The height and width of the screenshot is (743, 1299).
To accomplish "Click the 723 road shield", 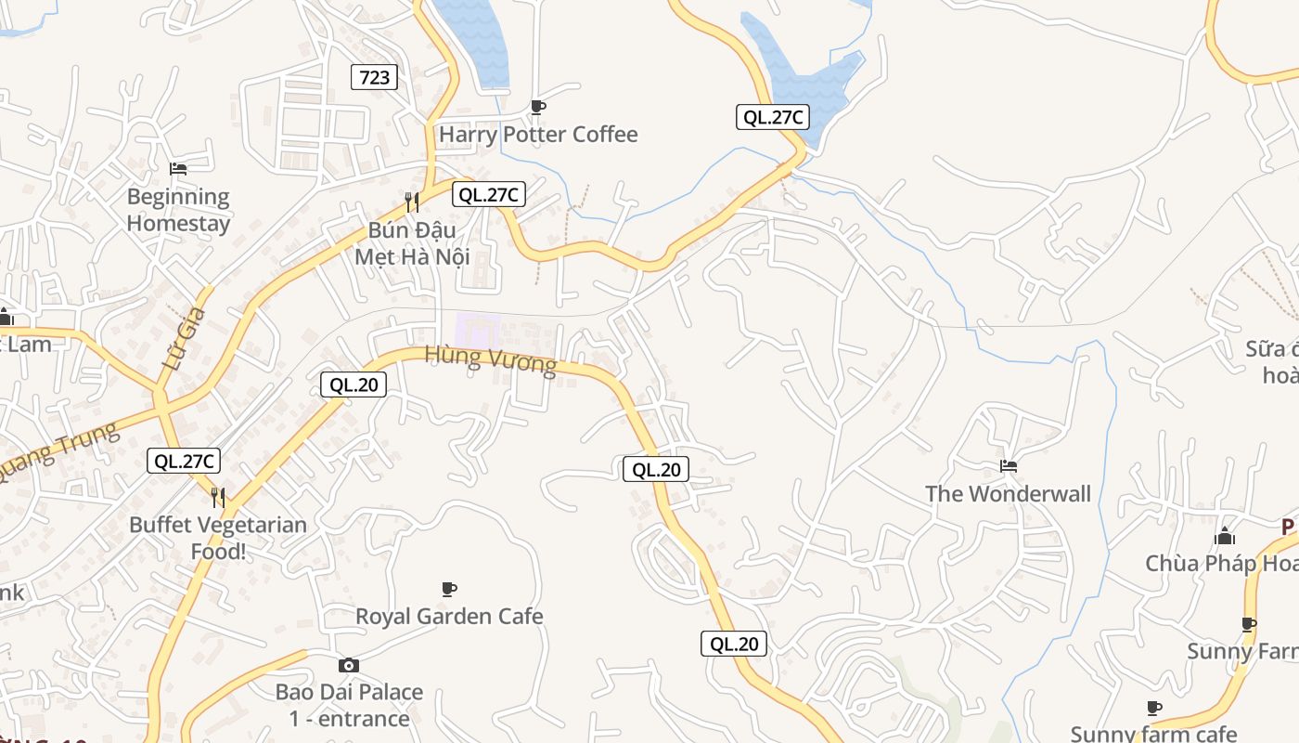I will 374,77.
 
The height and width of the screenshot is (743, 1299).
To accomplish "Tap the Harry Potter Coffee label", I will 538,135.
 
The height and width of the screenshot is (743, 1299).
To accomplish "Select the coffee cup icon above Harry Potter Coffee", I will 537,107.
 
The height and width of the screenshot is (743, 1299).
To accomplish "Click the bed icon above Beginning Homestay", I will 178,169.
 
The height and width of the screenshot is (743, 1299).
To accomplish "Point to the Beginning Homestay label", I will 178,210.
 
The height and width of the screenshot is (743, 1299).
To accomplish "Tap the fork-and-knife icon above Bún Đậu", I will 412,202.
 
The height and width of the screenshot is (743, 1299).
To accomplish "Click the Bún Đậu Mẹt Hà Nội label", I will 412,242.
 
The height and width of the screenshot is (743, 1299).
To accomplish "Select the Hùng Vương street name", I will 491,358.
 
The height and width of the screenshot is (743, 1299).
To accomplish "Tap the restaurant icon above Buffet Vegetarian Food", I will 218,498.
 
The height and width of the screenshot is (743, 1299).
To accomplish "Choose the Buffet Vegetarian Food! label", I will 217,538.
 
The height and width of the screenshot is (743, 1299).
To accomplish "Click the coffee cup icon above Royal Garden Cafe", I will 449,589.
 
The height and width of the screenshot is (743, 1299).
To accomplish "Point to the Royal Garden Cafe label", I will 449,617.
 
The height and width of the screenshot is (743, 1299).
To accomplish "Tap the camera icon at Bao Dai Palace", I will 349,665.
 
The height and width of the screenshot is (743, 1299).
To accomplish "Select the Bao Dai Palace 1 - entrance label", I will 349,705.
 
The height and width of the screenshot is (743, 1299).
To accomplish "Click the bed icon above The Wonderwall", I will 1009,465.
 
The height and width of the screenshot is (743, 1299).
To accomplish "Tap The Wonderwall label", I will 1008,494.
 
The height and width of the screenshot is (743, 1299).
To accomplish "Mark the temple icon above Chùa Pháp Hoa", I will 1225,536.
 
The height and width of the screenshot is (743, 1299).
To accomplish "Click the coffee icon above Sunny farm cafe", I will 1154,708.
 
